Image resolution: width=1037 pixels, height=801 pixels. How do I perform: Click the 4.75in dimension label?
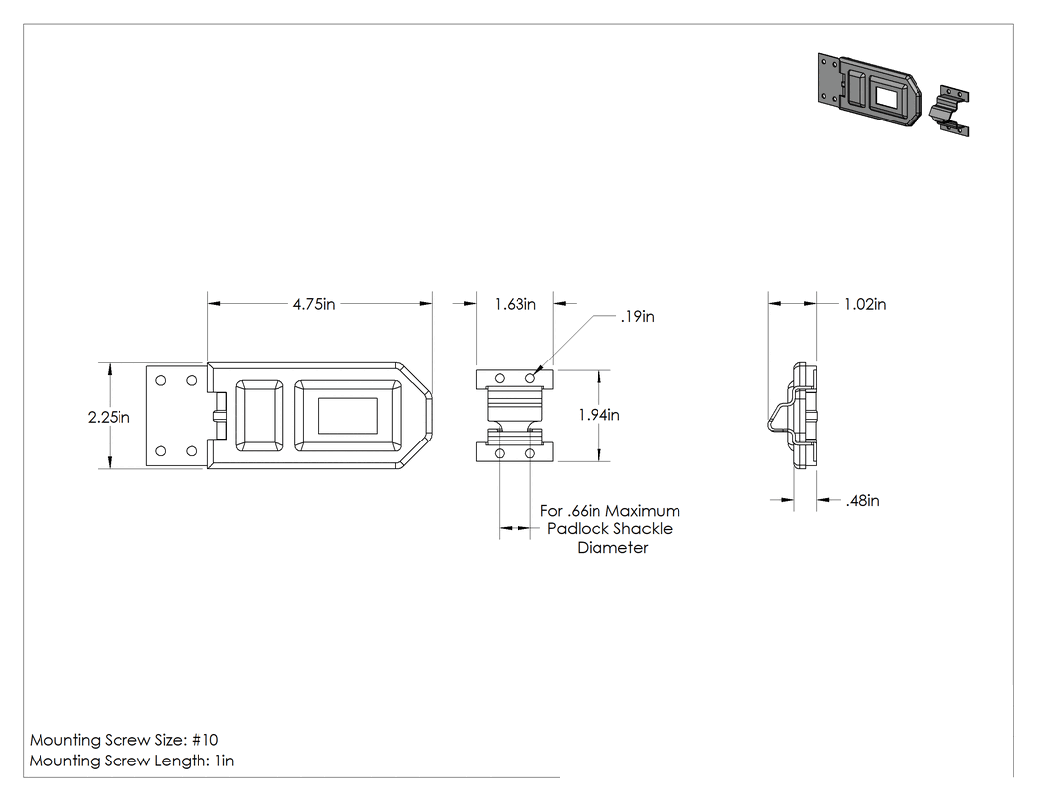pyautogui.click(x=314, y=304)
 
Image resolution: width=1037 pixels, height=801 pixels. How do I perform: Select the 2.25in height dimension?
pyautogui.click(x=109, y=418)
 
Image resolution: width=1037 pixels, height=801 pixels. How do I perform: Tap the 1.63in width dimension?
pyautogui.click(x=516, y=304)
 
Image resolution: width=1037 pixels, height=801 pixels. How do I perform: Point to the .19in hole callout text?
pyautogui.click(x=638, y=317)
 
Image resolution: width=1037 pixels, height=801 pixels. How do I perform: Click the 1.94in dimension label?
pyautogui.click(x=599, y=415)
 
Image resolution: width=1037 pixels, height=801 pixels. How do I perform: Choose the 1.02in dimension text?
pyautogui.click(x=865, y=304)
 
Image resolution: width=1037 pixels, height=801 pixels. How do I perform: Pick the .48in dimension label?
pyautogui.click(x=862, y=500)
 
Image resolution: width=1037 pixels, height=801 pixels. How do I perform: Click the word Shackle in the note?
pyautogui.click(x=644, y=529)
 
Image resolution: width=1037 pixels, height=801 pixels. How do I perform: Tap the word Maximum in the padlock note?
pyautogui.click(x=643, y=511)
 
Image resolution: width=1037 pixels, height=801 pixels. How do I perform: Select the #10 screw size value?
pyautogui.click(x=205, y=740)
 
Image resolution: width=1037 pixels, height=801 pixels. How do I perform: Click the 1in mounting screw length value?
pyautogui.click(x=224, y=761)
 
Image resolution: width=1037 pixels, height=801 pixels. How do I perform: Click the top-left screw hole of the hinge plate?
pyautogui.click(x=161, y=380)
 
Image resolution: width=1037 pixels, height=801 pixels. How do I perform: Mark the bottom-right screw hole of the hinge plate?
pyautogui.click(x=192, y=451)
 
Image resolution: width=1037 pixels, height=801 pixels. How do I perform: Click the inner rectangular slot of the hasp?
pyautogui.click(x=348, y=416)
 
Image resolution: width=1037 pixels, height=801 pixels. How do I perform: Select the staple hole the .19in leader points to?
pyautogui.click(x=530, y=378)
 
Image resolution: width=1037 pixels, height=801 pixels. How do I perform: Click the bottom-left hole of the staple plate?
pyautogui.click(x=500, y=453)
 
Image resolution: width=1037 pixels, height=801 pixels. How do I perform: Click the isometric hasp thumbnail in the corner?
pyautogui.click(x=870, y=90)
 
